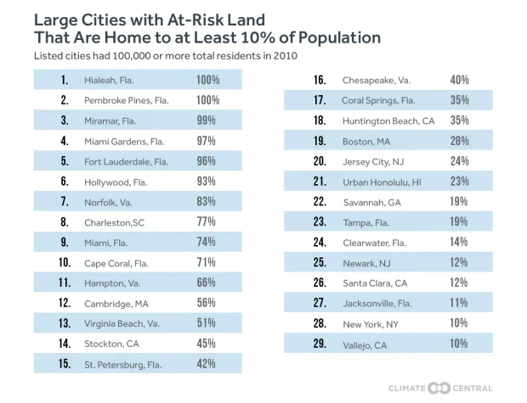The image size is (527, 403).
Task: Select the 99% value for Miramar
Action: (x=207, y=120)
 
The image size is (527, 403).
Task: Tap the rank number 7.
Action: (x=64, y=202)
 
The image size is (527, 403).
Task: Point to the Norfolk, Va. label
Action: (x=109, y=202)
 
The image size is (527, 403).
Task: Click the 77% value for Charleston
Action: (x=207, y=222)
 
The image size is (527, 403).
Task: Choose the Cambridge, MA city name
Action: (x=116, y=304)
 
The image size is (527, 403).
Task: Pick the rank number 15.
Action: (x=64, y=364)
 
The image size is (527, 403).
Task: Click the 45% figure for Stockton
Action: (x=207, y=344)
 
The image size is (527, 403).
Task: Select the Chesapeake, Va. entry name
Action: (x=377, y=80)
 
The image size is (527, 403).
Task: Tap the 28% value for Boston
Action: (x=459, y=141)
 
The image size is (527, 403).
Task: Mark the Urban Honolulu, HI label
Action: (x=382, y=182)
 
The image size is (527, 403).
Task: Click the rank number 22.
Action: (x=320, y=202)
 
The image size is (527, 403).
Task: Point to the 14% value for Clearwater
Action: (x=459, y=243)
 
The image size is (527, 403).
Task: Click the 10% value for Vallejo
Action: (x=459, y=344)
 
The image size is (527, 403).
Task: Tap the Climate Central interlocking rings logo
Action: (x=439, y=388)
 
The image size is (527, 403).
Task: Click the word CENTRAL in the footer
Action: (x=472, y=388)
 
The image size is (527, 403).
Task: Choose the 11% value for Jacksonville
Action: (x=459, y=303)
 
